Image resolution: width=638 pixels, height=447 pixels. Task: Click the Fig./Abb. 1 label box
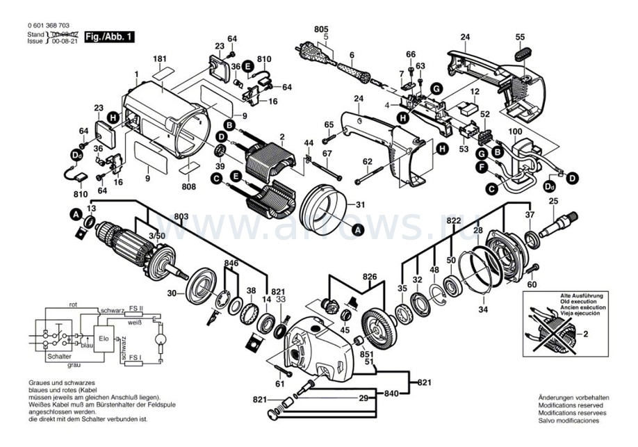[108, 37]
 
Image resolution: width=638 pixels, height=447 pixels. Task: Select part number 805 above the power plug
[320, 29]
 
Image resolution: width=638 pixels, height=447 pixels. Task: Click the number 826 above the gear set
[370, 277]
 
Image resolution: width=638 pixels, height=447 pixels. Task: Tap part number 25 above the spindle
[554, 202]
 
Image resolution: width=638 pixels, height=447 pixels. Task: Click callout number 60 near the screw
[532, 284]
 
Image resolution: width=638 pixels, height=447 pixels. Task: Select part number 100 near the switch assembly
[515, 131]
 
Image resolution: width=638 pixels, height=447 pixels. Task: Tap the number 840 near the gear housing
[392, 393]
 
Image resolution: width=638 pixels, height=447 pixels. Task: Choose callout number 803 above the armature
[181, 218]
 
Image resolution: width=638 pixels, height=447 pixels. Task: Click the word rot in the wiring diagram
[72, 305]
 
